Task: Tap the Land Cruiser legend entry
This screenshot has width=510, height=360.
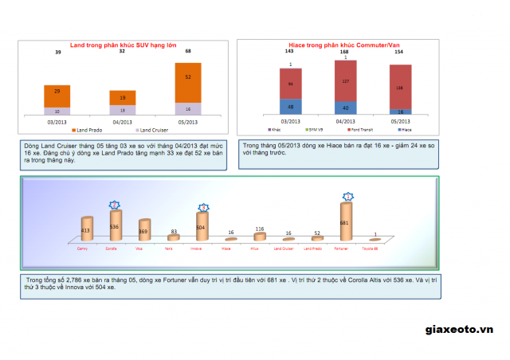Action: click(154, 130)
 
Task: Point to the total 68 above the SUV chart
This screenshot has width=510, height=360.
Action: click(188, 51)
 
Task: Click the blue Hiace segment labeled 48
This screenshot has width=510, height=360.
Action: click(290, 107)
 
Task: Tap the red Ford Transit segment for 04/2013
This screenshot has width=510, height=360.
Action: click(345, 80)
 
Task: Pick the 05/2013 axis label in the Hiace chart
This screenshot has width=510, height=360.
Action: click(401, 122)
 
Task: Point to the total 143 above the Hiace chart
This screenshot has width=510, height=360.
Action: click(290, 51)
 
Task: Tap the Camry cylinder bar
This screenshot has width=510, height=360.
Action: click(86, 229)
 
